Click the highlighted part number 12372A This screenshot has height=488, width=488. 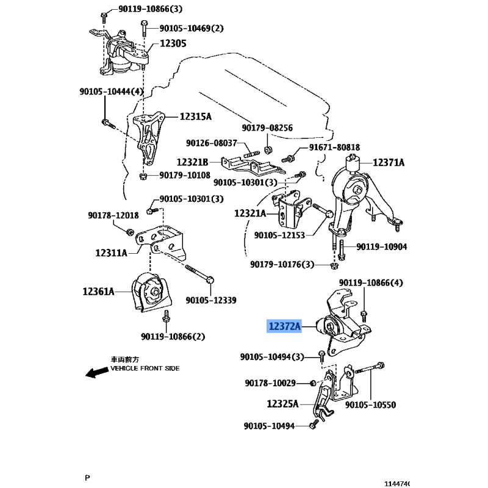284,326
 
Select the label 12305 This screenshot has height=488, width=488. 173,43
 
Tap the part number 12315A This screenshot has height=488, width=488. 195,117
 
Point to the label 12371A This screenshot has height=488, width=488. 389,162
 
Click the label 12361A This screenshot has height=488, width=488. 98,292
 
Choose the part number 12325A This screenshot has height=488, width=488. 282,404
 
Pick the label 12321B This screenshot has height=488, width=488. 192,162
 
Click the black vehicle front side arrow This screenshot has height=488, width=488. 96,372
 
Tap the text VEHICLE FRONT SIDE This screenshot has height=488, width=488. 145,368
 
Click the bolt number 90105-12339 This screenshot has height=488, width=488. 211,300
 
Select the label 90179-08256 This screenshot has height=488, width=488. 267,128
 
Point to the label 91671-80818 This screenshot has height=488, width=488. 334,147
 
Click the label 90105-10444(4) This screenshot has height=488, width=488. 112,91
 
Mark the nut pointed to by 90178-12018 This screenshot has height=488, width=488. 130,232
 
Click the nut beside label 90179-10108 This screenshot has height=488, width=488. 143,176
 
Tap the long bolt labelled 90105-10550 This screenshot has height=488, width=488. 370,368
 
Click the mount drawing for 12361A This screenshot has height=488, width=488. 151,292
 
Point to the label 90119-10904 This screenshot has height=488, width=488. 382,247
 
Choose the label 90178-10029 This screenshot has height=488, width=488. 270,383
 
